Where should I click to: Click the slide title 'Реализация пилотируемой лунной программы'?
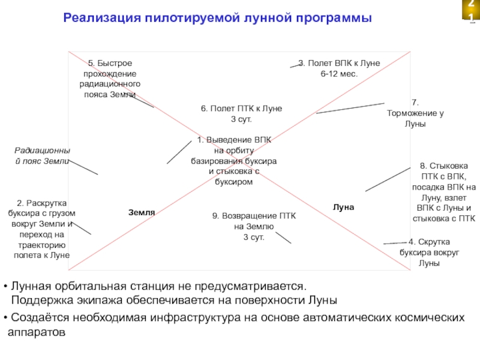coord(217,19)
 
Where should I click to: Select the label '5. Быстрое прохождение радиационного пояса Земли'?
coord(110,79)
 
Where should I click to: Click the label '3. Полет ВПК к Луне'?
coord(340,63)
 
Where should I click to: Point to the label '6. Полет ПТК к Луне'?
coord(241,109)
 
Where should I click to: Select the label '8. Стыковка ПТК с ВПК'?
coord(444,192)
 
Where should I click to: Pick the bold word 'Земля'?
coord(142,212)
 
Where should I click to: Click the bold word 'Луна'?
coord(344,207)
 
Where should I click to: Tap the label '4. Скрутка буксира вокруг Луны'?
coord(429,252)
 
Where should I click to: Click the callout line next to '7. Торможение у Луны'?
coord(350,108)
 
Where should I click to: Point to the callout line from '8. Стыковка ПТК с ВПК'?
coord(388,179)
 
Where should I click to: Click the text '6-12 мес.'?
coord(339,73)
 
